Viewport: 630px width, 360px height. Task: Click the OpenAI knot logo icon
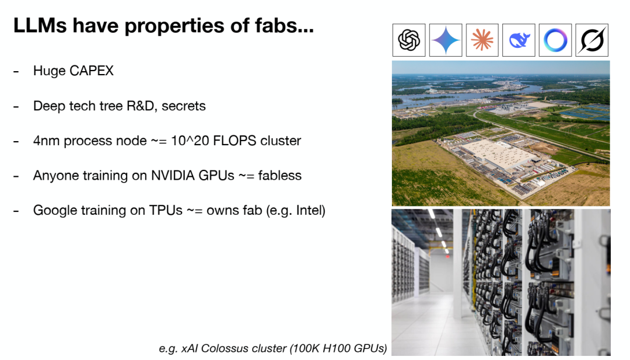[x=409, y=40]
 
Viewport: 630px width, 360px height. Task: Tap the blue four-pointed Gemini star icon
[x=446, y=40]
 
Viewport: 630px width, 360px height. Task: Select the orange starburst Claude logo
[x=482, y=40]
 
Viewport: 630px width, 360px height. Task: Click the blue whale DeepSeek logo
[x=519, y=41]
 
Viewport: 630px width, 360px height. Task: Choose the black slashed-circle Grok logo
[x=592, y=40]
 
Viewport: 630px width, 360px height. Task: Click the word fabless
[x=279, y=176]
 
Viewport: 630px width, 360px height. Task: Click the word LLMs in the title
[x=40, y=25]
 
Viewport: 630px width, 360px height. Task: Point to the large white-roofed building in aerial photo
[x=498, y=154]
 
